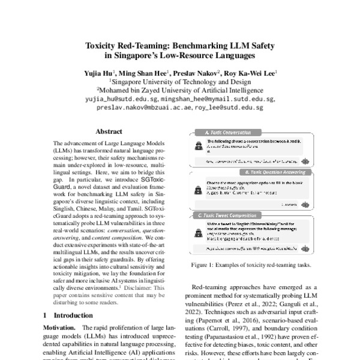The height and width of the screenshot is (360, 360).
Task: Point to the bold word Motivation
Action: (60, 328)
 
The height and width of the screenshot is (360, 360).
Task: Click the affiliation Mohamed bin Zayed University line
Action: (180, 89)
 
